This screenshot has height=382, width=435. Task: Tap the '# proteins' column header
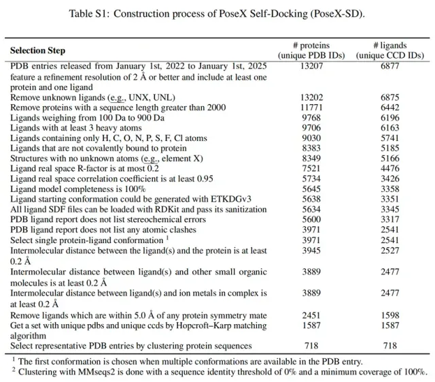point(312,45)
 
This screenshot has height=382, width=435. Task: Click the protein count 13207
point(312,66)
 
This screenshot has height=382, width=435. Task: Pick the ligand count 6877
point(389,66)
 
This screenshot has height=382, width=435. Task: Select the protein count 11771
point(312,107)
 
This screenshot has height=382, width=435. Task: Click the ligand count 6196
point(389,117)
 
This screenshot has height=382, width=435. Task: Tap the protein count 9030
point(312,138)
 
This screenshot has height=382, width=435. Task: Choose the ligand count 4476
point(389,168)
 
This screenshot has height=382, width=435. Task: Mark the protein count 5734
point(312,178)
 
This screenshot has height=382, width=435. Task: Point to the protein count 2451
point(312,315)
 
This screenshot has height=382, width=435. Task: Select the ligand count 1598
point(389,315)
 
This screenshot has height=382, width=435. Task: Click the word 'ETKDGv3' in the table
point(231,199)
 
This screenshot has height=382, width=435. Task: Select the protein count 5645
point(312,189)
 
